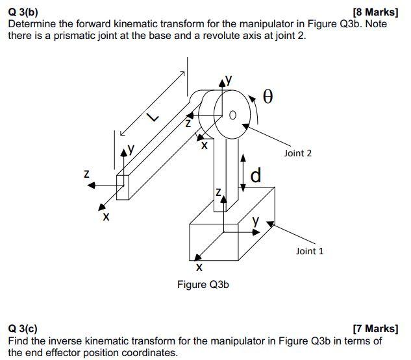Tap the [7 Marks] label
pyautogui.click(x=375, y=330)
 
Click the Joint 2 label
pyautogui.click(x=297, y=153)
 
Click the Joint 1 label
pyautogui.click(x=309, y=251)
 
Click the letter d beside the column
pyautogui.click(x=256, y=174)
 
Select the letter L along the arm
pyautogui.click(x=151, y=117)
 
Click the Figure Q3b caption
pyautogui.click(x=203, y=285)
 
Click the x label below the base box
pyautogui.click(x=199, y=267)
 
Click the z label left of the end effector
pyautogui.click(x=86, y=174)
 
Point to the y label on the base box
pyautogui.click(x=255, y=221)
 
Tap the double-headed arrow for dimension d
pyautogui.click(x=243, y=173)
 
